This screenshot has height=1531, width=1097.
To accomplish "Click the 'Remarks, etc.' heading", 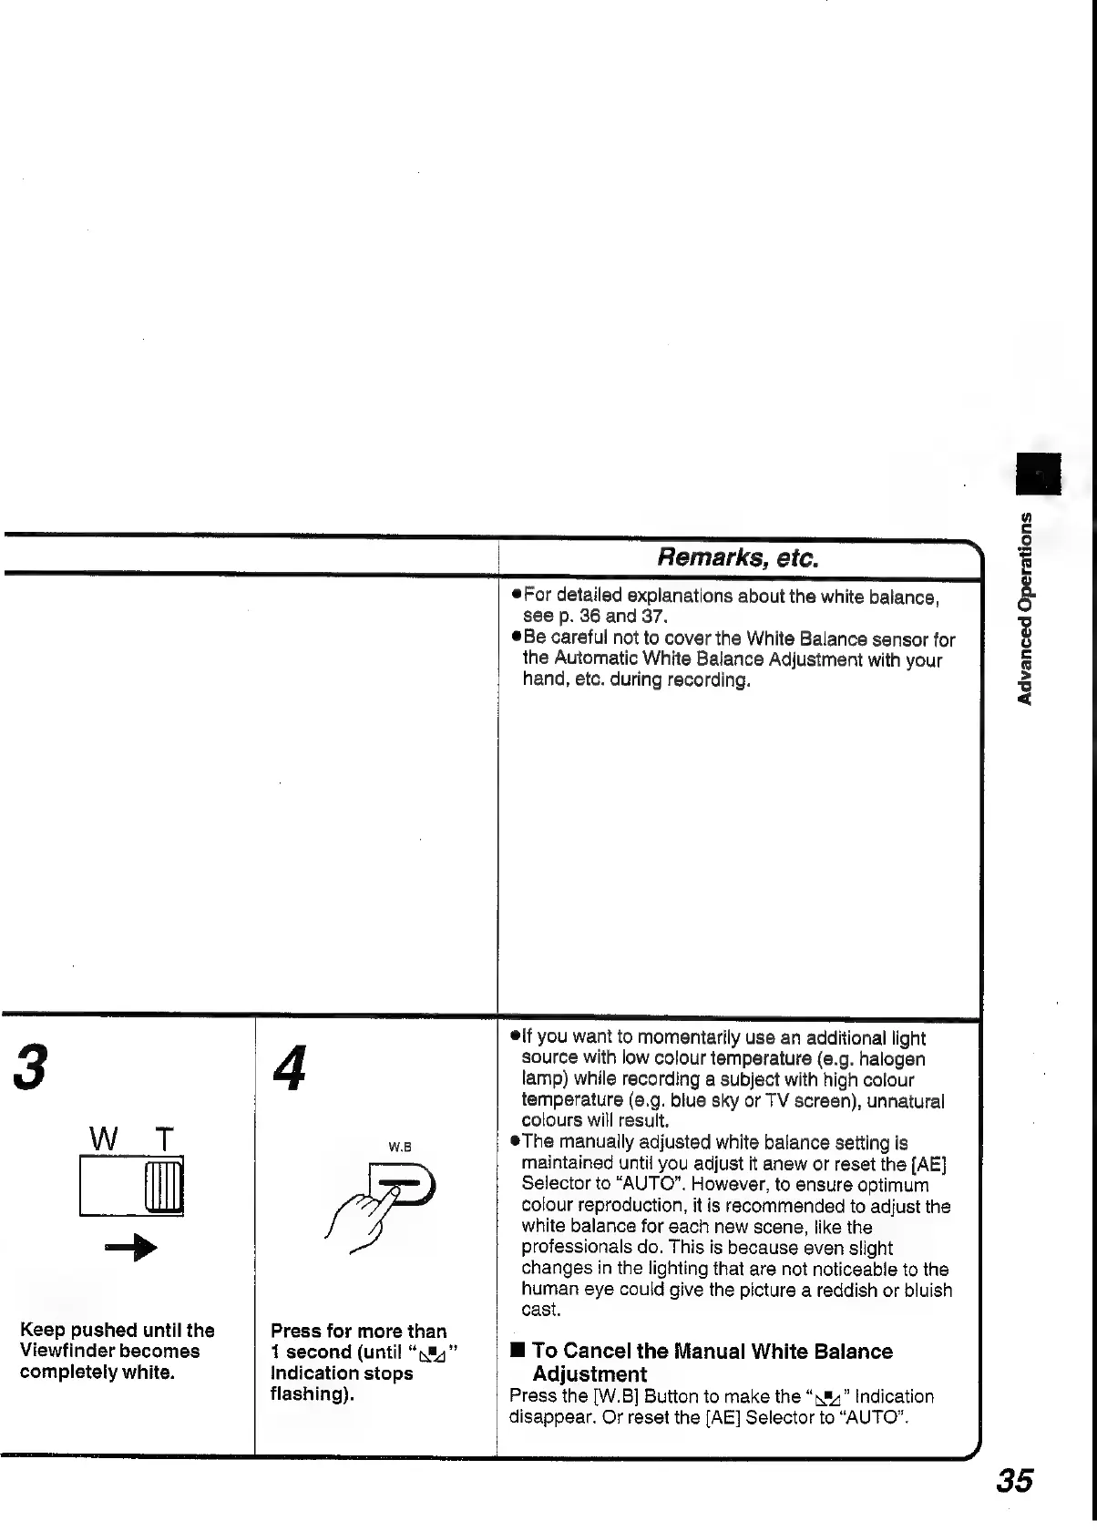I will (739, 557).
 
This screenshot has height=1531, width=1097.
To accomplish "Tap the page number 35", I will (1014, 1479).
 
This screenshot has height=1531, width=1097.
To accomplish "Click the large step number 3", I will (29, 1068).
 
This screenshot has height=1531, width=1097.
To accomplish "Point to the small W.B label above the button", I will (402, 1147).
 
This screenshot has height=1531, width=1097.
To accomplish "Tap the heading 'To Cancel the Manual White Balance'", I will (712, 1352).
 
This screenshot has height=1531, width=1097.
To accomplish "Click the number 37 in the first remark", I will (653, 617).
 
